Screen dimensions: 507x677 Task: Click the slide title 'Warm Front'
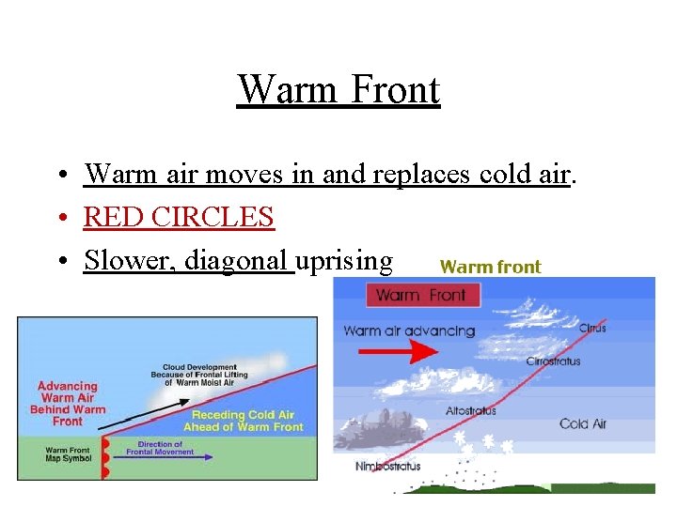click(338, 90)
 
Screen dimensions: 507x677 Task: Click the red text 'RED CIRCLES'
click(179, 217)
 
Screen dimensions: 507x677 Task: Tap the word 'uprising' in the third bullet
click(344, 259)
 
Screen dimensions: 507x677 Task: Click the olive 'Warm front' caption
click(490, 267)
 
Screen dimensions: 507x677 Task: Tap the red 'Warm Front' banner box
click(421, 296)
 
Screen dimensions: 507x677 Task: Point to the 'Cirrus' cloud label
click(592, 328)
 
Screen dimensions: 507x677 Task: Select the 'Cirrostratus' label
click(553, 361)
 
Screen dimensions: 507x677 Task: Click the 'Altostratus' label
click(471, 410)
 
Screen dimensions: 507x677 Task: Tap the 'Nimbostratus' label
click(388, 467)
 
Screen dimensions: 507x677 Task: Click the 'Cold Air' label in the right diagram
click(583, 423)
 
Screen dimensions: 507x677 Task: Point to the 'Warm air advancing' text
click(409, 330)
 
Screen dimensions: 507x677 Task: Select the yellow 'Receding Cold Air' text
click(244, 415)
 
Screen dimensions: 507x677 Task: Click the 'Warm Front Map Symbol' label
click(70, 455)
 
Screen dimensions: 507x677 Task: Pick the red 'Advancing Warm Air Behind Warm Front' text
click(68, 403)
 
